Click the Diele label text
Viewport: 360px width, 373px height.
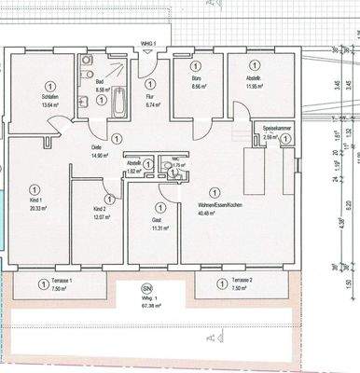coord(96,148)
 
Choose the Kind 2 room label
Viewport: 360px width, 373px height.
coord(101,209)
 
